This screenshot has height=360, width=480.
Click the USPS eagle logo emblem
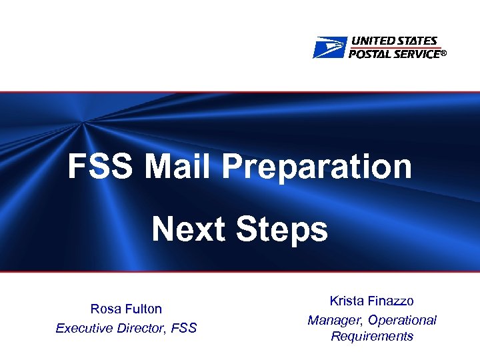(x=330, y=47)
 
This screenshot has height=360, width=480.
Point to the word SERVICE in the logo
(x=417, y=53)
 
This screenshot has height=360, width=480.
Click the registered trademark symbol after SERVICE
(x=443, y=55)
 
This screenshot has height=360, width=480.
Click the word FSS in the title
(x=101, y=167)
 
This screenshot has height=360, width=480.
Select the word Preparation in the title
(x=317, y=167)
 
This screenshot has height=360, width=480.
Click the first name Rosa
(x=105, y=309)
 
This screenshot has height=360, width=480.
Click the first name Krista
(x=347, y=302)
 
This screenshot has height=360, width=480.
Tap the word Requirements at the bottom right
(x=372, y=337)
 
